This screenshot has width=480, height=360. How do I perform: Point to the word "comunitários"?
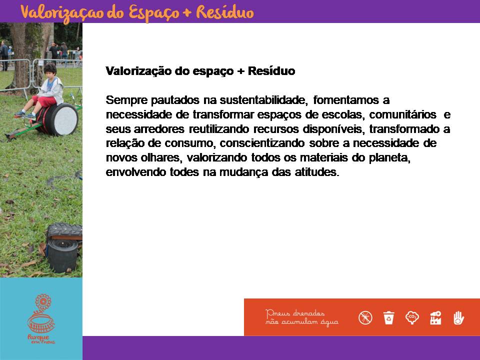click(402, 114)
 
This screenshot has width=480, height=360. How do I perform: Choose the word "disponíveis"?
click(333, 129)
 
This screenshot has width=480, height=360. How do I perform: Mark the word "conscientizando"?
click(262, 143)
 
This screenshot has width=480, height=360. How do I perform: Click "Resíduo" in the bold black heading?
click(271, 71)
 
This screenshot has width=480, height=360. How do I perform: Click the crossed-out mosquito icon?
click(365, 317)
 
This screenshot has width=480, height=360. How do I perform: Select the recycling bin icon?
click(389, 317)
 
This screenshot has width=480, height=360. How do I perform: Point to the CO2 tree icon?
click(412, 317)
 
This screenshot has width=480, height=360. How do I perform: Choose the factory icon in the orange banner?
click(435, 317)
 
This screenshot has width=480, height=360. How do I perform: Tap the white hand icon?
click(458, 317)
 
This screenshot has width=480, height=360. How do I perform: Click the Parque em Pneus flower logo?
click(41, 319)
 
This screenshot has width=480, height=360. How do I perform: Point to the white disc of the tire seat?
click(65, 119)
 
